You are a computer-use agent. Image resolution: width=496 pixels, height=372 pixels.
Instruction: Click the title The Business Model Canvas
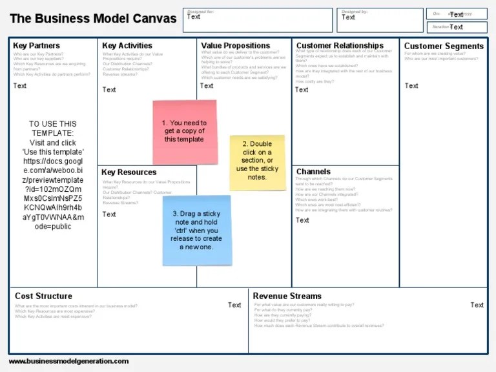click(93, 19)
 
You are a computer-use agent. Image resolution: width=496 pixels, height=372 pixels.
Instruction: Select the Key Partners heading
click(36, 46)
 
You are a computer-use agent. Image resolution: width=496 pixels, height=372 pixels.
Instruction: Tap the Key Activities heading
click(127, 46)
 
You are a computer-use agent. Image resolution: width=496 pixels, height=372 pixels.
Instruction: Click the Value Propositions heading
click(236, 46)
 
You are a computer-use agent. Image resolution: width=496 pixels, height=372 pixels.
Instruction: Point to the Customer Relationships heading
click(340, 46)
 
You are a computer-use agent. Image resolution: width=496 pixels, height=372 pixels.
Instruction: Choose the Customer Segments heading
click(444, 46)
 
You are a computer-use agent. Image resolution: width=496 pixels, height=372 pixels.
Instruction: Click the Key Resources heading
click(129, 172)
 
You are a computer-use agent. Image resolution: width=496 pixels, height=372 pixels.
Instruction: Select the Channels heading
click(313, 172)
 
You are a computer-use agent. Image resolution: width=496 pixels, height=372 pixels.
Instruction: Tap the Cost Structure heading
click(44, 296)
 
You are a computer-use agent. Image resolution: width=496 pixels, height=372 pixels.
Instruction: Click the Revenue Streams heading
click(287, 296)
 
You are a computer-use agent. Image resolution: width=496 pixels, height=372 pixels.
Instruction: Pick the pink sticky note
click(184, 132)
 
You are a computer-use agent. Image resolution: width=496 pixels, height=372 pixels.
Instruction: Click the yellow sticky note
click(257, 161)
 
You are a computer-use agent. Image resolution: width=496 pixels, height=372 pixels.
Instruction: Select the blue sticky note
click(196, 230)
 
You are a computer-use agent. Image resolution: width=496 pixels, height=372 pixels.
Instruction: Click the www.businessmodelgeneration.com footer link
click(68, 361)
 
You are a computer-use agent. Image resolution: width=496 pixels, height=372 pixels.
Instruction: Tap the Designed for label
click(200, 12)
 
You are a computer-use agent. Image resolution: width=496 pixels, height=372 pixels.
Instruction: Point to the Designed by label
click(355, 12)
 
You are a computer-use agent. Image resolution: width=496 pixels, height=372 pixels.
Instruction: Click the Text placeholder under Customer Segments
click(411, 86)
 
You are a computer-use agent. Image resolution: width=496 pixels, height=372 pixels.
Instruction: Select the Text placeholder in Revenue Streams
click(477, 305)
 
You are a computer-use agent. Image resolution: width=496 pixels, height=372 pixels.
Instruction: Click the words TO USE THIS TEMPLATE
click(53, 129)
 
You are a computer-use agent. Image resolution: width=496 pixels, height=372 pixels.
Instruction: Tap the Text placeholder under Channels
click(302, 220)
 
